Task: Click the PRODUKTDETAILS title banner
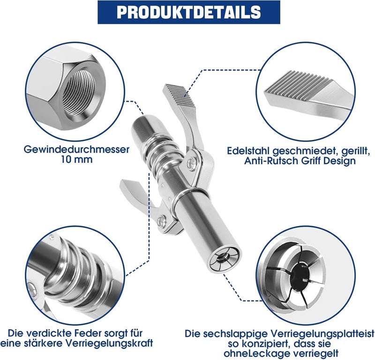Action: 189,12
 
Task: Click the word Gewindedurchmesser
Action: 76,149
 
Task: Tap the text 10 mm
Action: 76,160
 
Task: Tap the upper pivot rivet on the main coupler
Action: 191,164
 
